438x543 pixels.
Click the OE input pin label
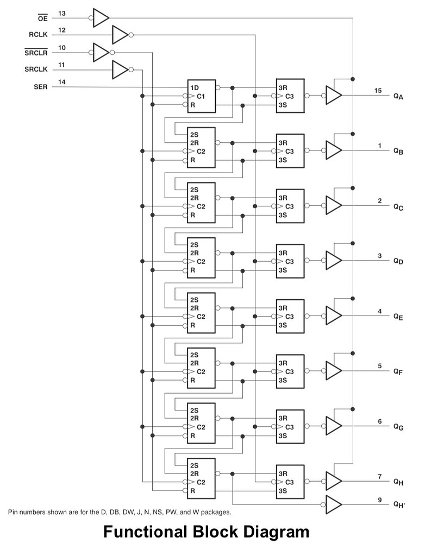coord(42,18)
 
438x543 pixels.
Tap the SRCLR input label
coord(36,53)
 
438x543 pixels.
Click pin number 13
coord(62,12)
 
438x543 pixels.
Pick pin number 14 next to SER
coord(62,82)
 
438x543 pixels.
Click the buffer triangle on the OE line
coord(101,18)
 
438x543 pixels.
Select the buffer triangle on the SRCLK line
coord(119,70)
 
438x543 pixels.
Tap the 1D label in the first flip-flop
coord(194,87)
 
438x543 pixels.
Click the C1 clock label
coord(200,96)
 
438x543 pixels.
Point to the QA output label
coord(398,97)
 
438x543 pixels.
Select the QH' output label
coord(399,504)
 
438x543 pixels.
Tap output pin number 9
coord(380,499)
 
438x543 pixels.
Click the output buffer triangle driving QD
coord(333,260)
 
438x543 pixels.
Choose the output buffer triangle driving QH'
coord(333,504)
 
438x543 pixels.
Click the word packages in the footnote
coord(216,512)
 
